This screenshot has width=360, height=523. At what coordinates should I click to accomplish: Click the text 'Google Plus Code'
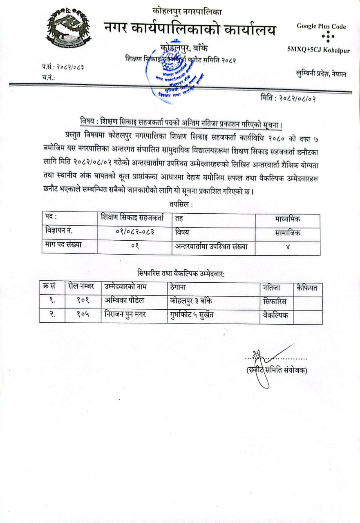[x=321, y=27]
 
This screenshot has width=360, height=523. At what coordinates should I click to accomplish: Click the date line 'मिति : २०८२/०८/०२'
[x=288, y=98]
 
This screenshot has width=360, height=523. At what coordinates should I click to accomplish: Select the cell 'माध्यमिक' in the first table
[x=288, y=219]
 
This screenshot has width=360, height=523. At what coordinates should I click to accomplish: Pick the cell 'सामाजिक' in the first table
[x=288, y=233]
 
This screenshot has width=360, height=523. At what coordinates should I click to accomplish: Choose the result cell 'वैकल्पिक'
[x=276, y=316]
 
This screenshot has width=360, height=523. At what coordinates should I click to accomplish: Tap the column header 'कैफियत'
[x=307, y=288]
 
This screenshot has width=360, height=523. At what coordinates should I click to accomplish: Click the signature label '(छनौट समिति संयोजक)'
[x=277, y=371]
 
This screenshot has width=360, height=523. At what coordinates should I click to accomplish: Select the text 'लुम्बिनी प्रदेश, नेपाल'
[x=321, y=74]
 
